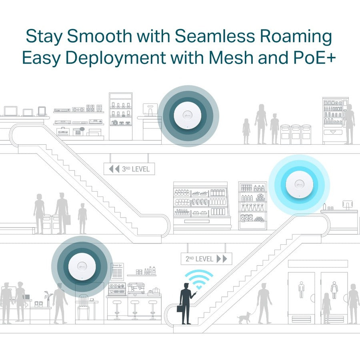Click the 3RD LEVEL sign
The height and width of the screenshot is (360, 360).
click(x=129, y=169)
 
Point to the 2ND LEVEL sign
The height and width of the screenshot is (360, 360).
click(x=206, y=259)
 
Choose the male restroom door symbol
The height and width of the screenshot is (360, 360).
click(x=301, y=289)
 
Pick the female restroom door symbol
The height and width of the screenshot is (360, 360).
click(x=334, y=289)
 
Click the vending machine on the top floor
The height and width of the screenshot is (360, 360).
click(x=335, y=120)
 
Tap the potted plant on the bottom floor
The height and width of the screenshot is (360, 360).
click(x=49, y=298)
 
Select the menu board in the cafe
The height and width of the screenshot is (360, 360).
click(x=118, y=274)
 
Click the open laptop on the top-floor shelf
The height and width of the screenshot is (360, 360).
click(x=10, y=111)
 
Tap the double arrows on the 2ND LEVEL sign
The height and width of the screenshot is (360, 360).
click(x=222, y=259)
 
